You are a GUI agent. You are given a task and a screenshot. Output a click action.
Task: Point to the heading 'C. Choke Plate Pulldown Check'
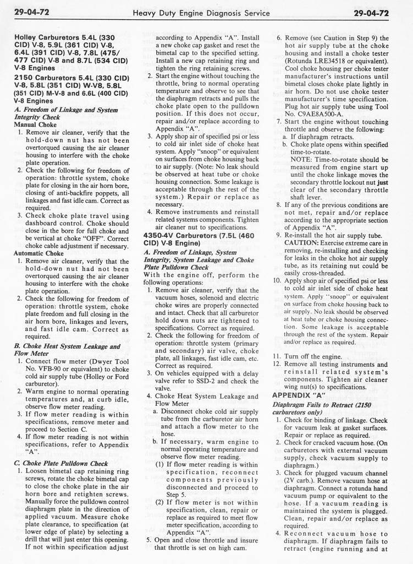pos(60,463)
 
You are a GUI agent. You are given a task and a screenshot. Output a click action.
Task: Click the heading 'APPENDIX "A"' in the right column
pos(298,394)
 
